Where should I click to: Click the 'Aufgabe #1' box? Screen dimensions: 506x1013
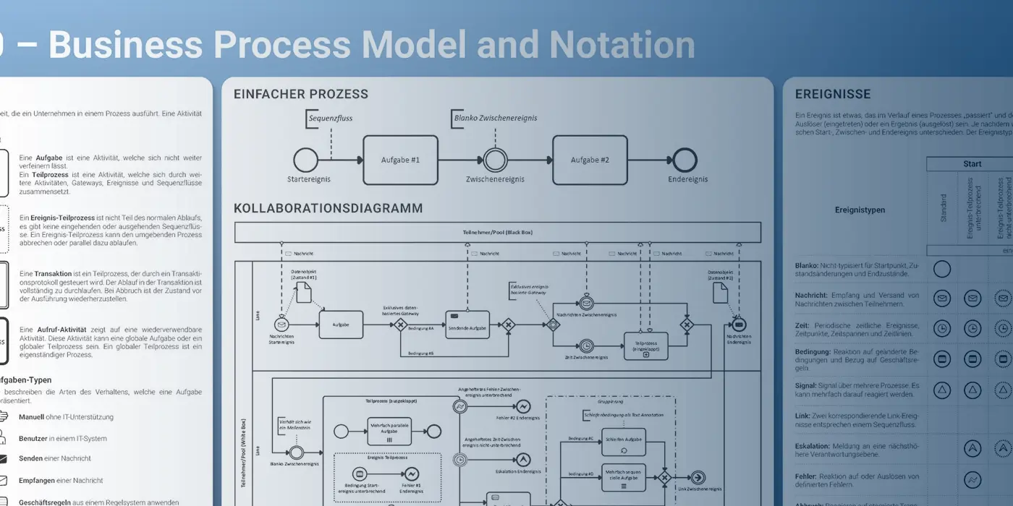(x=400, y=160)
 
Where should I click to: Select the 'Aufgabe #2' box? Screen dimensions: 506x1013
(x=590, y=160)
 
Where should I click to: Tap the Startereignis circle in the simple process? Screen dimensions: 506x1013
(x=305, y=160)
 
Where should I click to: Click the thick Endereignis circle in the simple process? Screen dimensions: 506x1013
(x=684, y=160)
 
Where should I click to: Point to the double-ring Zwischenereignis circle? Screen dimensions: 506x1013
(x=496, y=160)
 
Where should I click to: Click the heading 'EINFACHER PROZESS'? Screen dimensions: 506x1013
(x=301, y=94)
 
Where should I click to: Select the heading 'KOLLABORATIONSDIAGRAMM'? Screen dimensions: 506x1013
(x=328, y=208)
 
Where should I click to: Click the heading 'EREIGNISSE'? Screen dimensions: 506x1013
(x=833, y=94)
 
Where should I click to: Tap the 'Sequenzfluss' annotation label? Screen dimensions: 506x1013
(x=331, y=118)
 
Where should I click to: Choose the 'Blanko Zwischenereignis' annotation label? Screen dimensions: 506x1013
(x=496, y=118)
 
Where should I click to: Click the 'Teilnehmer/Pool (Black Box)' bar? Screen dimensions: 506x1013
(x=497, y=232)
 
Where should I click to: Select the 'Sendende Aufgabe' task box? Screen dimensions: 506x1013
(x=467, y=325)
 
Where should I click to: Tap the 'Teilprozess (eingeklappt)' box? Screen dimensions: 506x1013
(x=646, y=346)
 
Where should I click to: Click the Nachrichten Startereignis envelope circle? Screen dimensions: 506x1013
(x=281, y=325)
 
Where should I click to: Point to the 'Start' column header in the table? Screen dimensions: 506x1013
(x=972, y=164)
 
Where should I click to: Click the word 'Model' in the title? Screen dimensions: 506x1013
(x=415, y=45)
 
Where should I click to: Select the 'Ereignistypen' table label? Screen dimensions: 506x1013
(x=860, y=210)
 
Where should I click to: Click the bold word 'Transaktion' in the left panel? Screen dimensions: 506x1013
(x=53, y=274)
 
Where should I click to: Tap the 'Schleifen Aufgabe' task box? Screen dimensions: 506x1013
(x=624, y=441)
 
